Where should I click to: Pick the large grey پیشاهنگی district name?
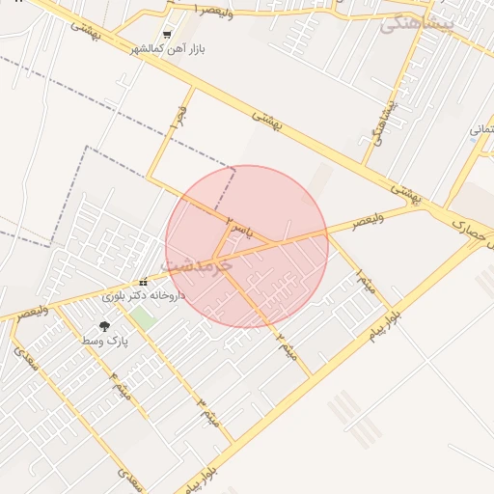(416, 24)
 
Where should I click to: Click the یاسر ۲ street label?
(238, 228)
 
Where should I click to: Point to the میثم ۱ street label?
(364, 283)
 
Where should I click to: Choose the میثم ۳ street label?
(208, 412)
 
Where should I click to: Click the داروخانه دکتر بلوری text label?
(143, 296)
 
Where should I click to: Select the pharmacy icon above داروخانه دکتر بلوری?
(143, 283)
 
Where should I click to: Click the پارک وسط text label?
(104, 342)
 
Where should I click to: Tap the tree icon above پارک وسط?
(104, 327)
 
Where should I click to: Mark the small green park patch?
(143, 316)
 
